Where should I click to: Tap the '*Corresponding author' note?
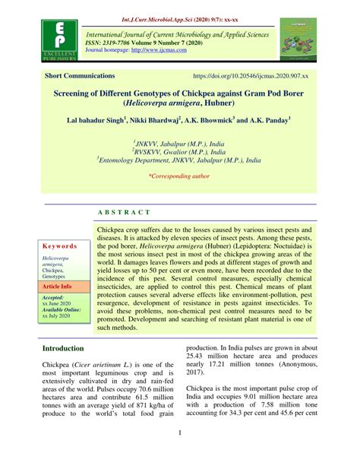179,176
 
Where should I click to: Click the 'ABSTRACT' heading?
124,212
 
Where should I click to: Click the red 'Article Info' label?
57,286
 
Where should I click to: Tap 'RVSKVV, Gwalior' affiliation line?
179,151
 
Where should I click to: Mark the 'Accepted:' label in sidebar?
53,297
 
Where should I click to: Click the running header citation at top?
179,8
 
